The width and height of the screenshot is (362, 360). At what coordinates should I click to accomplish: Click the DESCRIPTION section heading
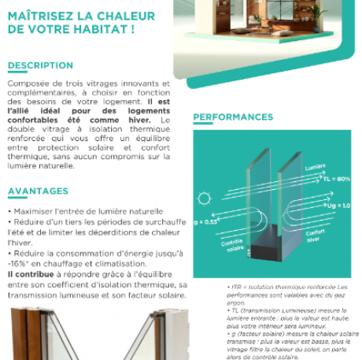click(x=39, y=65)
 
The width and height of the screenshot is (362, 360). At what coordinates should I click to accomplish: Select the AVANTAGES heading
click(x=38, y=191)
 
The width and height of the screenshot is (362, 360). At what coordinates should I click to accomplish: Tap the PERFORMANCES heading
click(x=233, y=117)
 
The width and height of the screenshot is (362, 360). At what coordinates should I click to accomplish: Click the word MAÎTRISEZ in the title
click(x=41, y=15)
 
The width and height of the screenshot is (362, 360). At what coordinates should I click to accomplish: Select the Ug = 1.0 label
click(x=338, y=206)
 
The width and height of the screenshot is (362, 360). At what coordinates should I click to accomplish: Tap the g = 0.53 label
click(x=206, y=222)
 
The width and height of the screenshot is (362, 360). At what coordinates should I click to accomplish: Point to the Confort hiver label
click(x=316, y=236)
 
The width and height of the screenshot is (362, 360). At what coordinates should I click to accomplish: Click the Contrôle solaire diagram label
click(x=232, y=247)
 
